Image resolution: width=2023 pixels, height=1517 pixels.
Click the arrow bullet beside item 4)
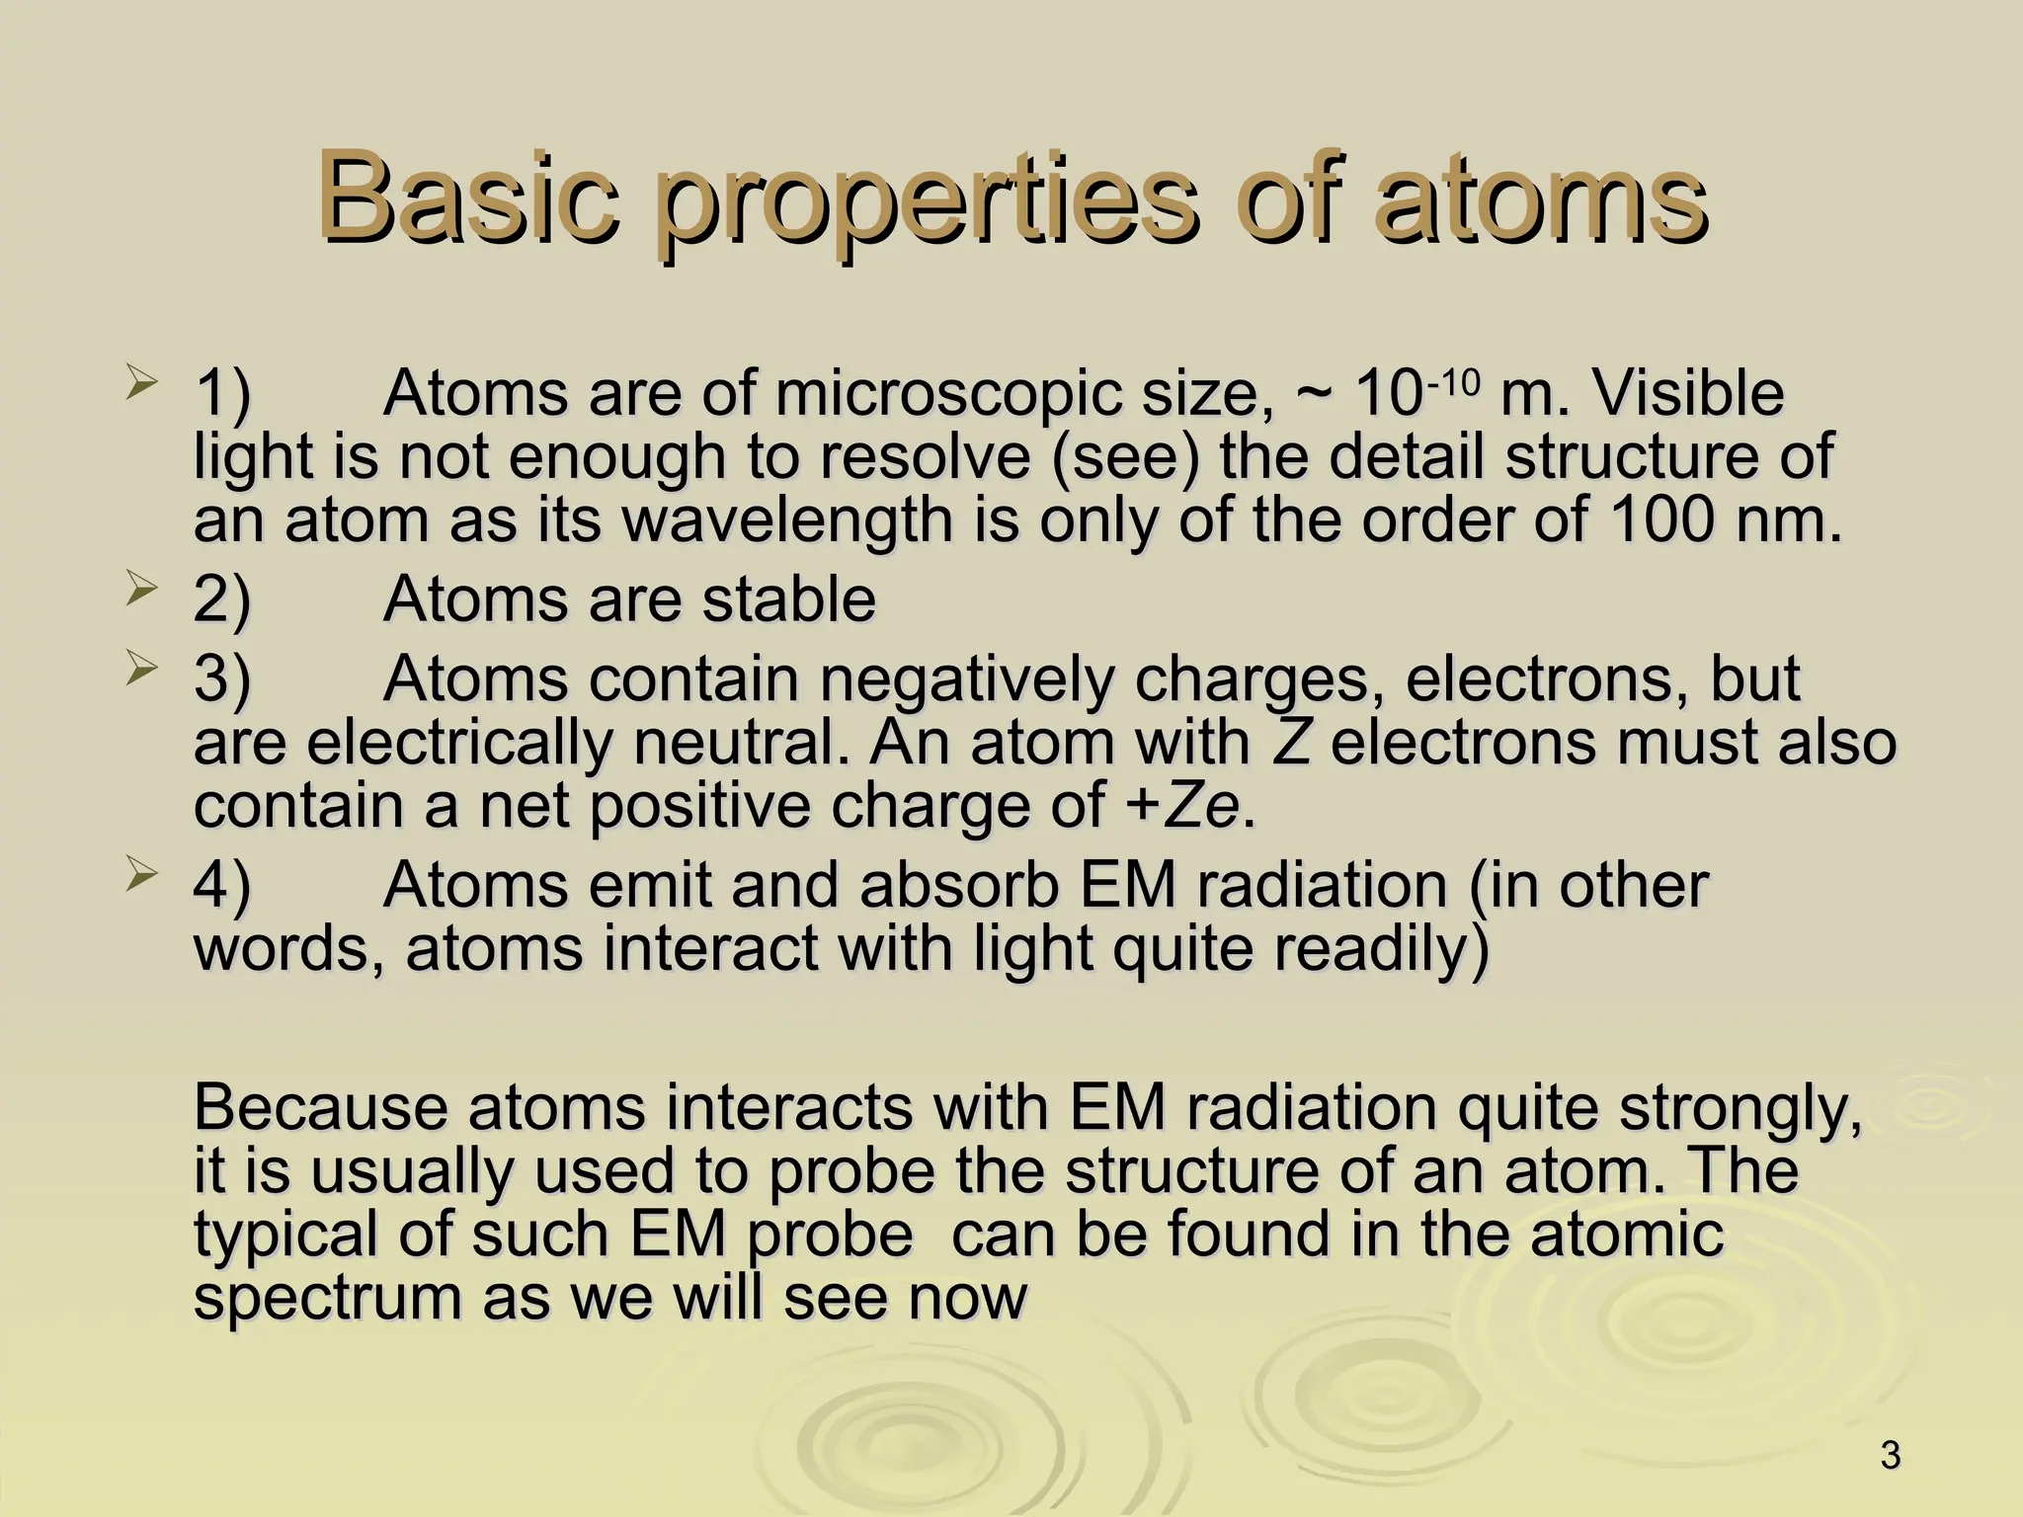tap(140, 874)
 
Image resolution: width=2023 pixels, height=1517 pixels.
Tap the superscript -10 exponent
tap(1452, 379)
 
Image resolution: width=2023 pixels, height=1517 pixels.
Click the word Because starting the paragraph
tap(321, 1107)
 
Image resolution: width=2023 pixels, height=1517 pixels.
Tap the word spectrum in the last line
tap(326, 1299)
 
